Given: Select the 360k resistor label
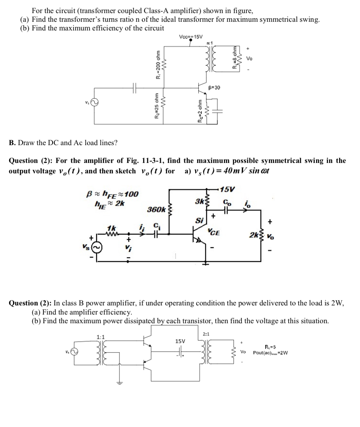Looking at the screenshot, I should coord(155,210).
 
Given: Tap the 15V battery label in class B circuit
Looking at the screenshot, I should coord(180,341).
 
